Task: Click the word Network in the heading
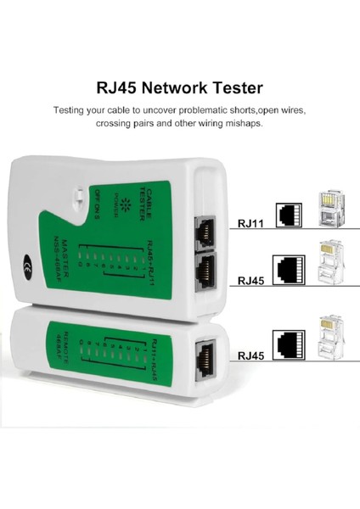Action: pyautogui.click(x=166, y=87)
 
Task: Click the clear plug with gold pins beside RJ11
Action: pyautogui.click(x=327, y=208)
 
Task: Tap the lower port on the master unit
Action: pyautogui.click(x=206, y=270)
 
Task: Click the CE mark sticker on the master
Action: pyautogui.click(x=28, y=261)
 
